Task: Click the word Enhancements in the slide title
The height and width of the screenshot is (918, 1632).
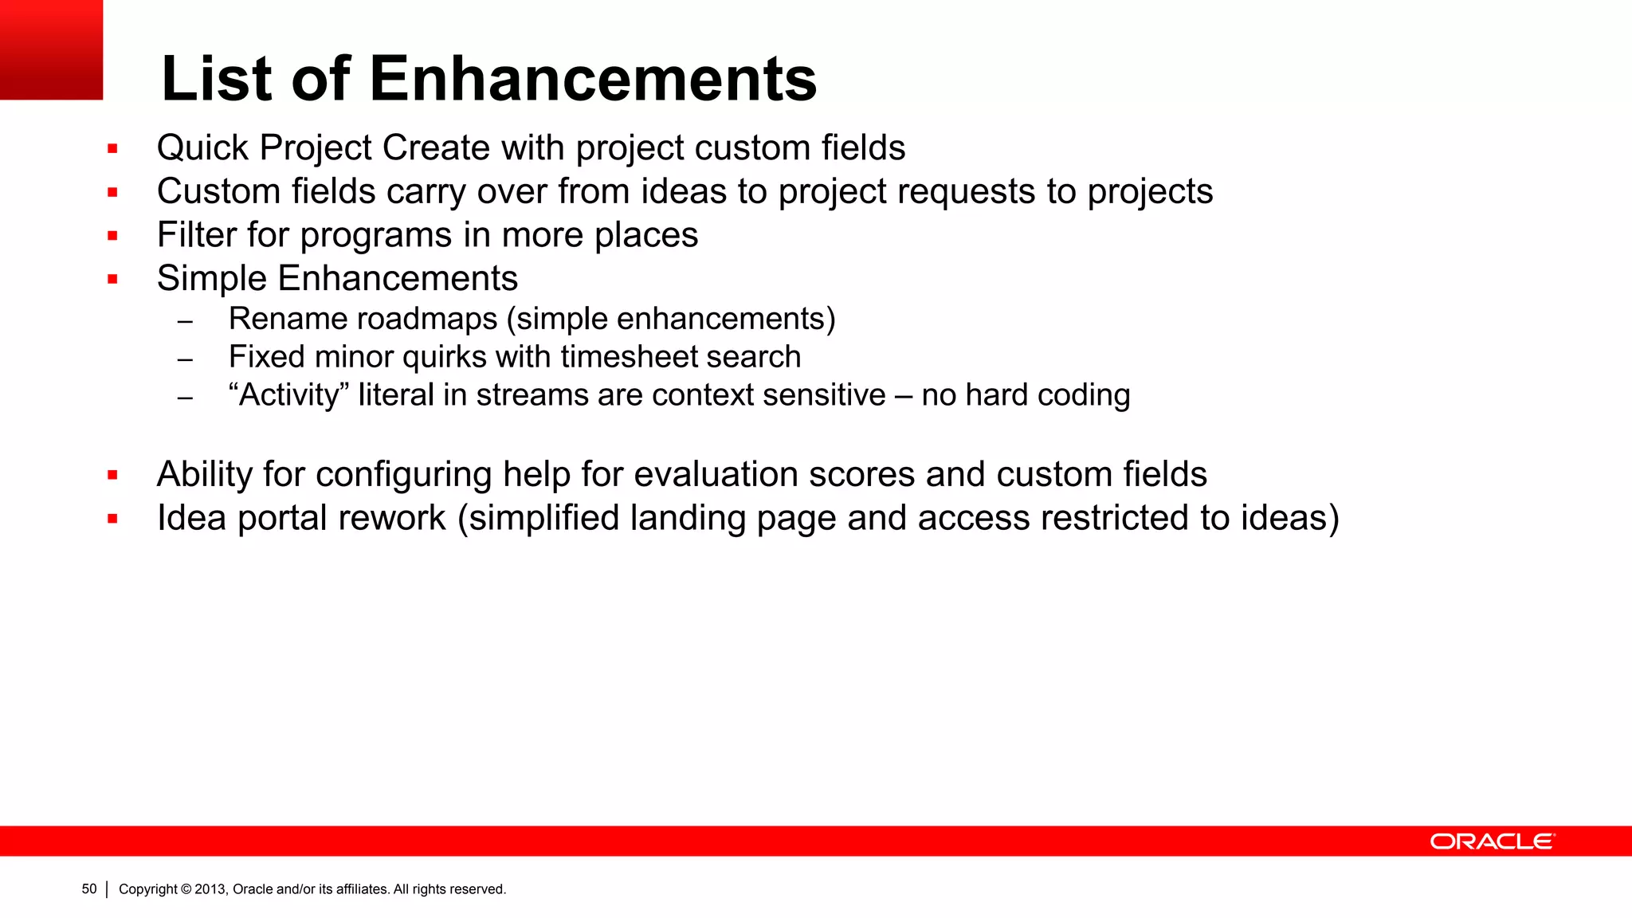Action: pos(593,79)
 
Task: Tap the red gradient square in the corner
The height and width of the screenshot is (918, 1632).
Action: pos(51,49)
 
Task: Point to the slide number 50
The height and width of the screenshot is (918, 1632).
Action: pos(89,889)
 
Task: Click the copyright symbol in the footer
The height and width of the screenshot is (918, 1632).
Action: pos(186,889)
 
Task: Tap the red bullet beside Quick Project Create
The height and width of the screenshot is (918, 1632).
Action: pos(112,149)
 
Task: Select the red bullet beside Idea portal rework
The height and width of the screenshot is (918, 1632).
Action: pos(112,519)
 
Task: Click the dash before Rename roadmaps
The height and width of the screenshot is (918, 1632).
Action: pos(186,322)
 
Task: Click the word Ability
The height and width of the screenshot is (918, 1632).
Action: pos(205,475)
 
